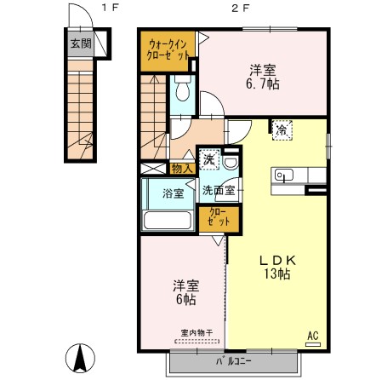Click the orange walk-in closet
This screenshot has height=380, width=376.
(x=167, y=48)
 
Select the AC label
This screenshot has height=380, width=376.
(x=311, y=336)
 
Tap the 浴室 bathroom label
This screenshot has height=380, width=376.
(x=173, y=193)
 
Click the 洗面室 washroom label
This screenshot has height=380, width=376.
(x=214, y=193)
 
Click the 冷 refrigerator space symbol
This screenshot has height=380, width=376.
(x=281, y=130)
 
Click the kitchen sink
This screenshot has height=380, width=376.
(x=283, y=176)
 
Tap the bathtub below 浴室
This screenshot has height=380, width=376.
(x=168, y=220)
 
